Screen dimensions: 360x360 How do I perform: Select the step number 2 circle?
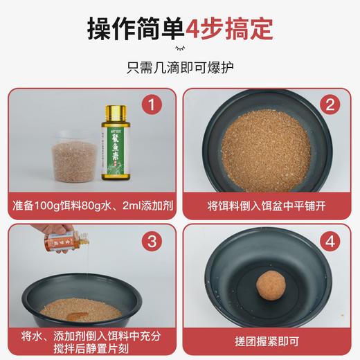[331, 105]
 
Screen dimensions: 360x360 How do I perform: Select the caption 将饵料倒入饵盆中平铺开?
[269, 205]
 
